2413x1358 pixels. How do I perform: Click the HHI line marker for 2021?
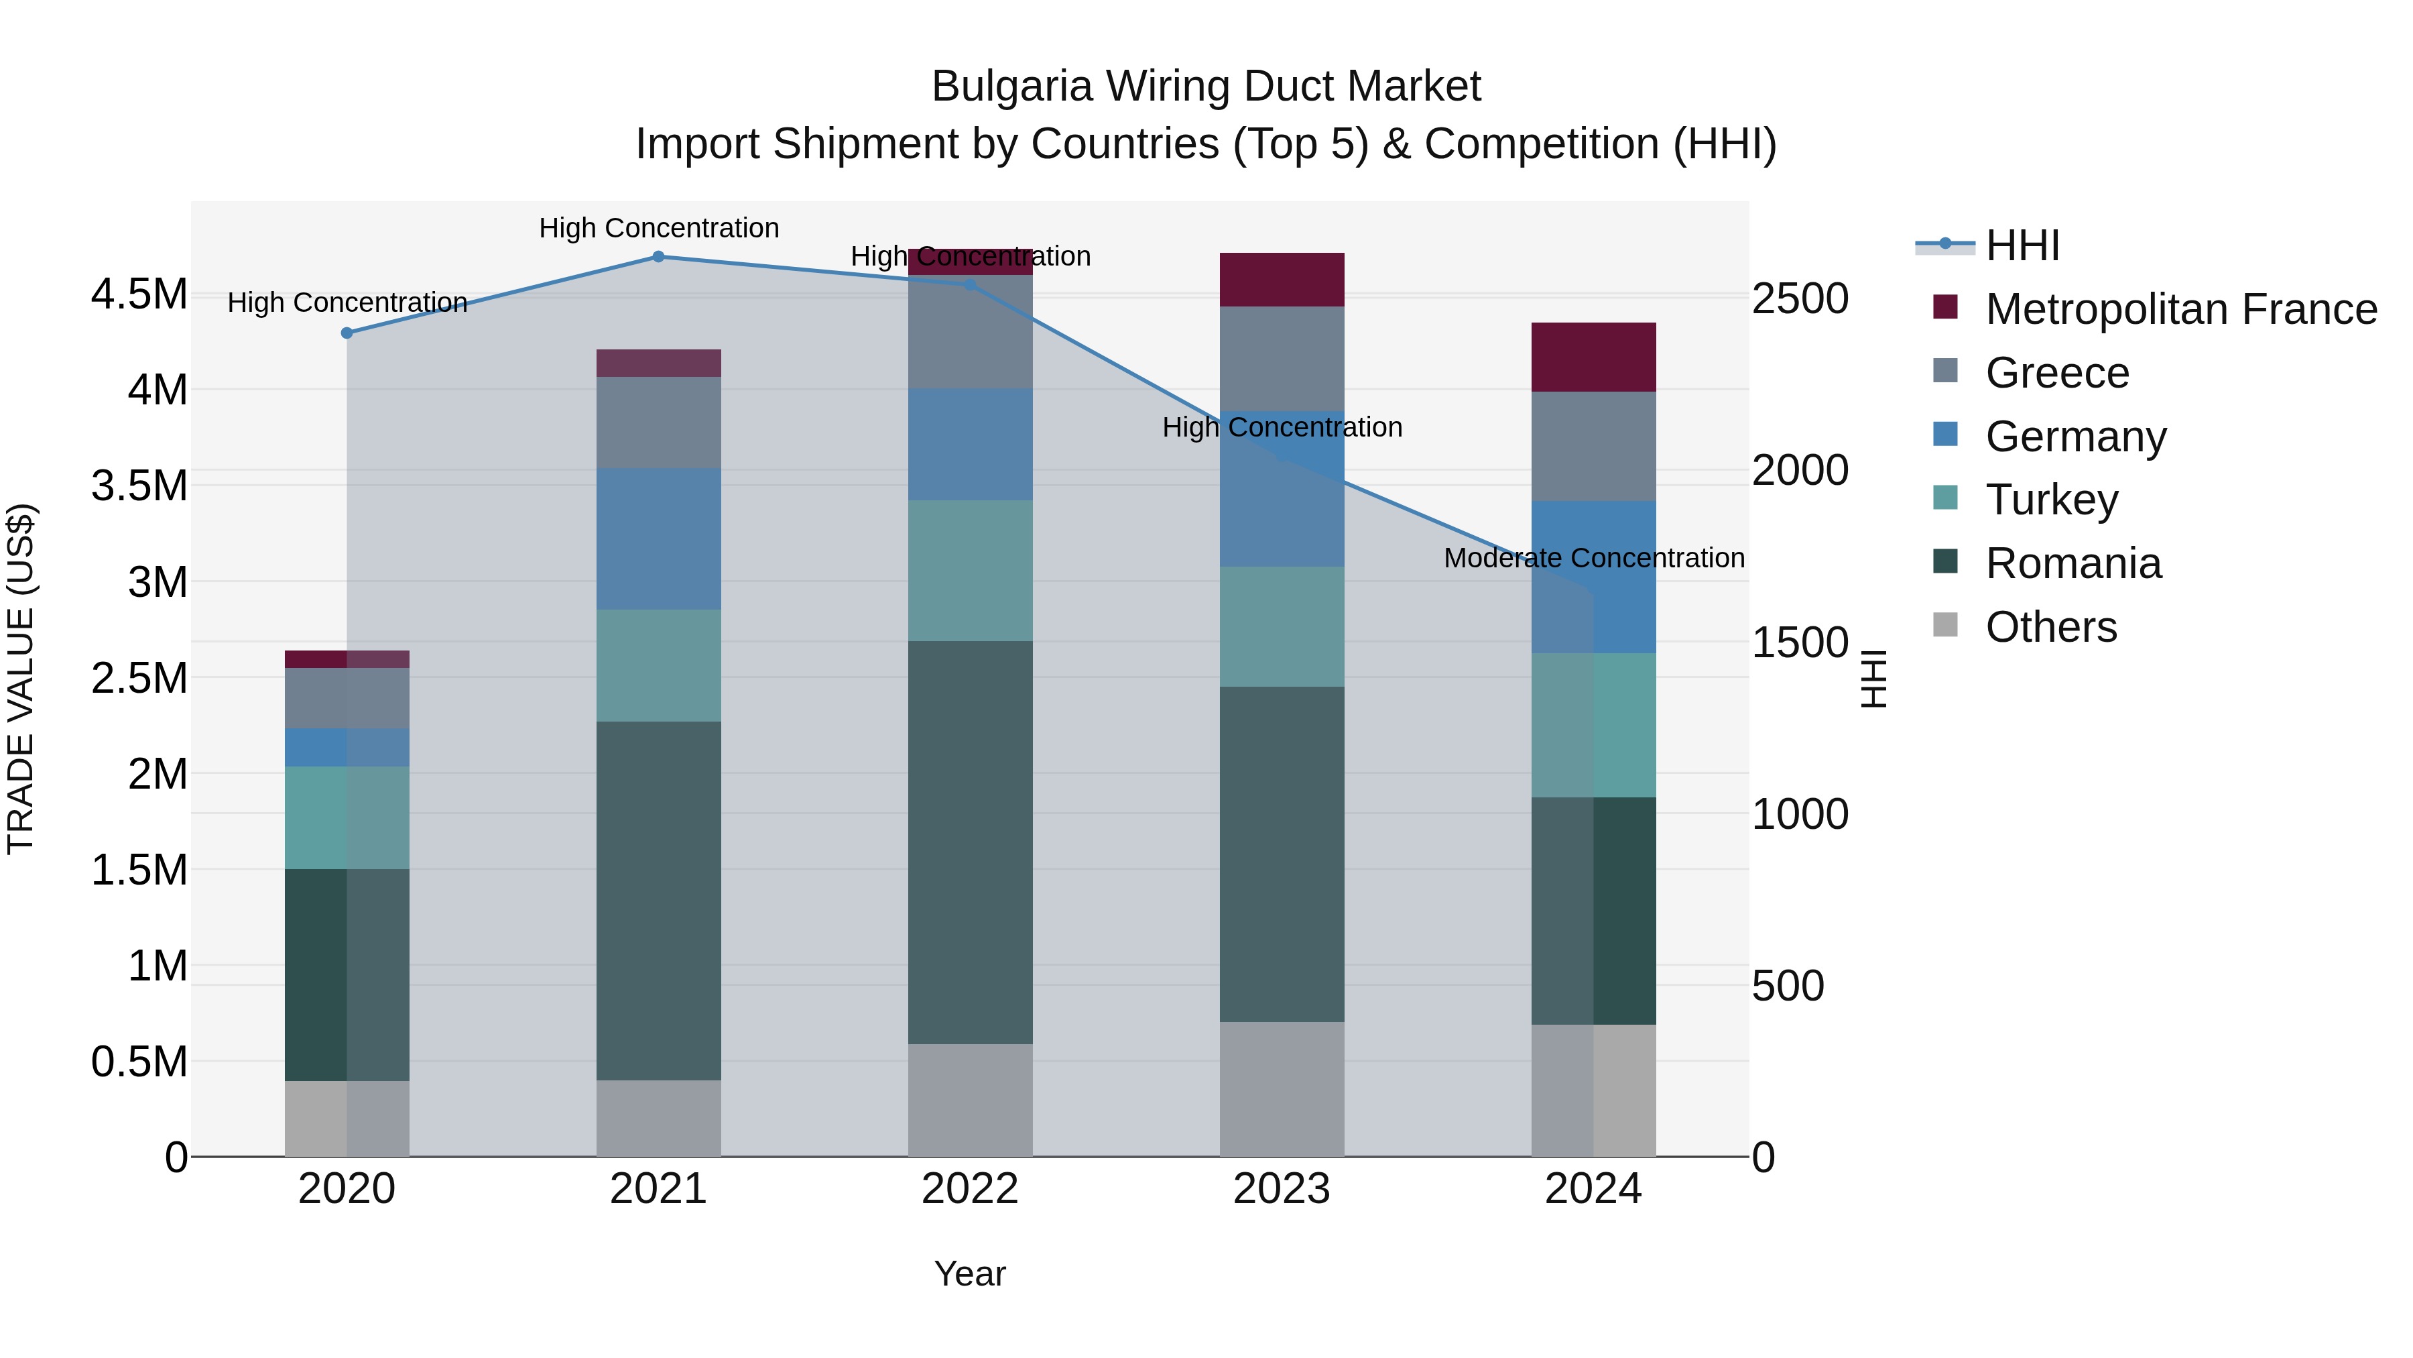tap(658, 257)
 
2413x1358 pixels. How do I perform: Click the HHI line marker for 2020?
tap(347, 333)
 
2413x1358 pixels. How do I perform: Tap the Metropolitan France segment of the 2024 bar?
tap(1593, 357)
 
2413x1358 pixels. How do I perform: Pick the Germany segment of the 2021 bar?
tap(658, 539)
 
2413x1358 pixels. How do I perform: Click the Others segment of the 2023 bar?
tap(1282, 1088)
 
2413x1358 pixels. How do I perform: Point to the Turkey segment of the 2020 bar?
tap(347, 817)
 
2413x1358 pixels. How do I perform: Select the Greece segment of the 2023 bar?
tap(1282, 358)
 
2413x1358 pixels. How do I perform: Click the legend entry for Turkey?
tap(2052, 500)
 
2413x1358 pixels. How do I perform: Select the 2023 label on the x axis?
tap(1282, 1189)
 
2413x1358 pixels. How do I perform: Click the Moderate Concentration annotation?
tap(1593, 558)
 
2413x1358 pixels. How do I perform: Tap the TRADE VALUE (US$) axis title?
tap(21, 679)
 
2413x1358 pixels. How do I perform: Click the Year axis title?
tap(969, 1274)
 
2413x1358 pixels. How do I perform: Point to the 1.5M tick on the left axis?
tap(139, 870)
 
